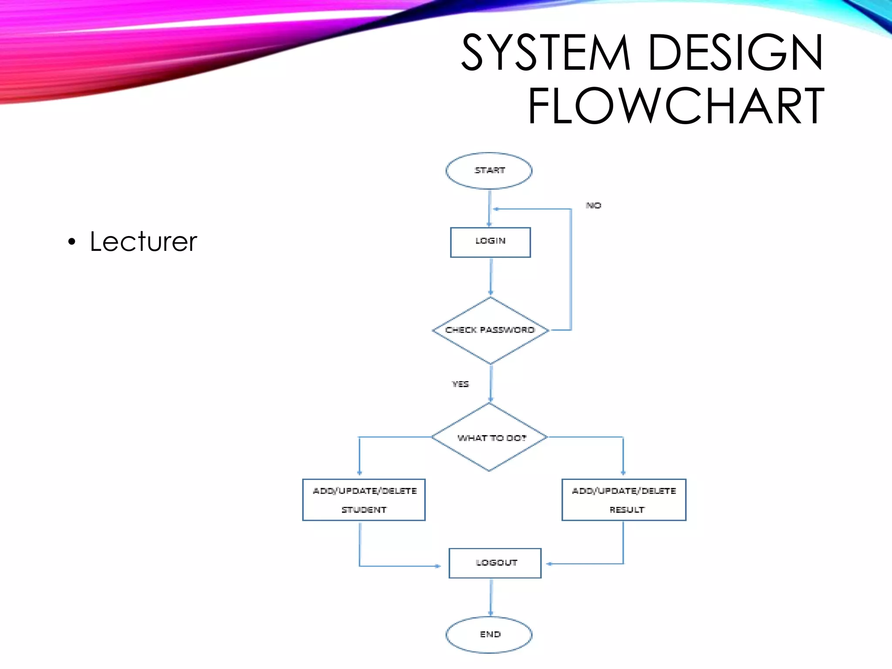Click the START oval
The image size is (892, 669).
(x=489, y=171)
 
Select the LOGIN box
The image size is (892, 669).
(x=490, y=242)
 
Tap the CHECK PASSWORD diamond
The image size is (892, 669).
(x=490, y=330)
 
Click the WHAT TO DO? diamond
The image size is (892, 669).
(x=490, y=437)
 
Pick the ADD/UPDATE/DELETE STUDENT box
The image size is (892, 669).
(x=364, y=500)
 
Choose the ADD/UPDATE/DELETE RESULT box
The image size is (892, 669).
(x=624, y=500)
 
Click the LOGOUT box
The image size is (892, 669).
(x=495, y=563)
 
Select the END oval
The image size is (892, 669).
(x=489, y=635)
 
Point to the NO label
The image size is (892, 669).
(x=593, y=205)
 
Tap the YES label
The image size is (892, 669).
(x=460, y=384)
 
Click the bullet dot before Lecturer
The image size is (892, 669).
(x=72, y=242)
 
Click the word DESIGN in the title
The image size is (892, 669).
(x=736, y=53)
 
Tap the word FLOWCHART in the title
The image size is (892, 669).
(x=676, y=106)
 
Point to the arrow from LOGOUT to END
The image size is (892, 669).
(x=491, y=597)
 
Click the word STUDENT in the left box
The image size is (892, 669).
(x=364, y=510)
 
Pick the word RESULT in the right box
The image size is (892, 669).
(x=627, y=510)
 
